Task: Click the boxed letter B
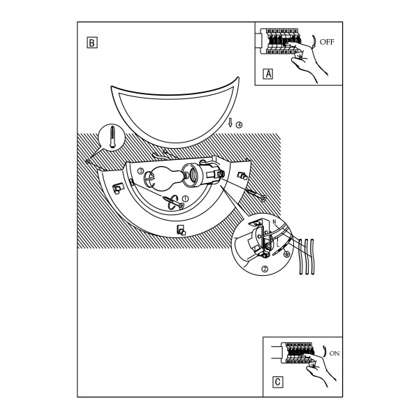click(92, 43)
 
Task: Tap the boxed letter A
click(268, 74)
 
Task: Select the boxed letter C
click(277, 382)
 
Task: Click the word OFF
click(327, 42)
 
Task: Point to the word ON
click(335, 353)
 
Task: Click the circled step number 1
click(185, 198)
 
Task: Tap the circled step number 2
click(265, 269)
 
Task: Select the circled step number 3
click(140, 171)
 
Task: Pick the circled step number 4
click(239, 125)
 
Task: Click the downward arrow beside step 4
click(230, 123)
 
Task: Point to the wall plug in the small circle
click(112, 137)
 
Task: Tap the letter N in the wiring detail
click(274, 221)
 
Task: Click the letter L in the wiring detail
click(278, 244)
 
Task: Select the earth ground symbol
click(287, 254)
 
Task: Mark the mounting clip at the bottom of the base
click(181, 230)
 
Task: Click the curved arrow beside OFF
click(314, 41)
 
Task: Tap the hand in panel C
click(319, 369)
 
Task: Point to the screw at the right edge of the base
click(256, 196)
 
